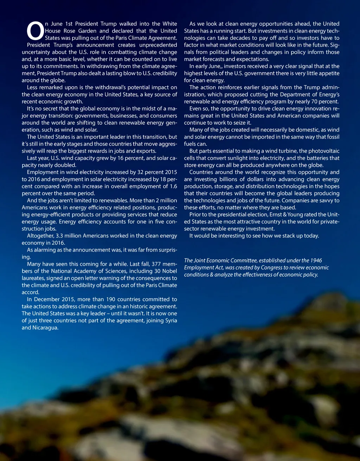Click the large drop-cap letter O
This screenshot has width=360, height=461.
click(x=35, y=31)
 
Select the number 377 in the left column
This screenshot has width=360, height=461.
click(x=156, y=264)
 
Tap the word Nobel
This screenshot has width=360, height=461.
click(x=169, y=271)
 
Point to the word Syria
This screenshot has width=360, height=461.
click(x=171, y=320)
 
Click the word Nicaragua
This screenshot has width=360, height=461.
click(x=46, y=328)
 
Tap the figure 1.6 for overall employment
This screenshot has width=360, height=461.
click(x=173, y=186)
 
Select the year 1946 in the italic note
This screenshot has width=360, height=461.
click(x=316, y=260)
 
